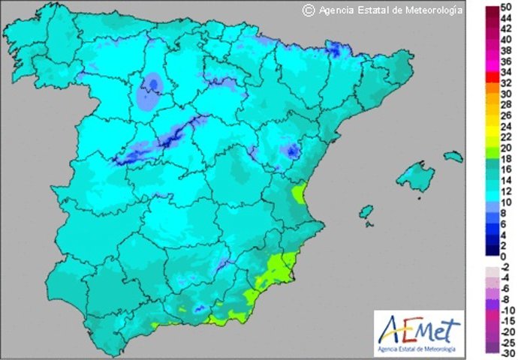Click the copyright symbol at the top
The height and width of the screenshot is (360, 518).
tap(307, 10)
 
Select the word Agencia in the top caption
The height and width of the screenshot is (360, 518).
tap(334, 10)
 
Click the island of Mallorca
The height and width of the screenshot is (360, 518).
tap(415, 178)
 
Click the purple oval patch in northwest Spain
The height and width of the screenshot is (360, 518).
tap(150, 92)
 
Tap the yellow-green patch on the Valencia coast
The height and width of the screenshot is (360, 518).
tap(299, 195)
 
